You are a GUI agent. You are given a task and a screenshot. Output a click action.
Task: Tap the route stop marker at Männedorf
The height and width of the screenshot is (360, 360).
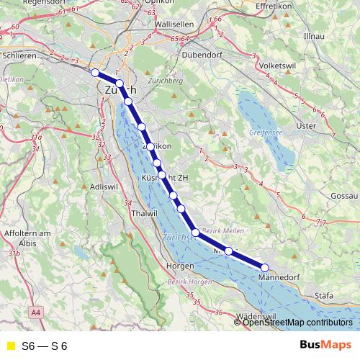(x=265, y=268)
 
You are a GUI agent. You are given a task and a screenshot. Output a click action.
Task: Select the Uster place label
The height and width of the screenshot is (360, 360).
(x=307, y=126)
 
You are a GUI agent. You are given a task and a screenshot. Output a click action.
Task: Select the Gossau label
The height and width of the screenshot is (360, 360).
(x=341, y=197)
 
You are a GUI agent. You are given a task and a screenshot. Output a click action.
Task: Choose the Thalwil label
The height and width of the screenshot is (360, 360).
(x=145, y=214)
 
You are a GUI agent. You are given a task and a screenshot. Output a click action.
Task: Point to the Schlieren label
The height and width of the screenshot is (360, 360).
(x=19, y=55)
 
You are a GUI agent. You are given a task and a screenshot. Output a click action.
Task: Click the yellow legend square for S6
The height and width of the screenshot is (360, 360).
(x=10, y=346)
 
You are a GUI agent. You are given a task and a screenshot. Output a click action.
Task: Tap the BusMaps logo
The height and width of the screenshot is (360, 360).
(x=320, y=346)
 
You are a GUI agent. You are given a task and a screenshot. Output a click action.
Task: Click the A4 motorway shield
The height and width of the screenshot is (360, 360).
(x=36, y=313)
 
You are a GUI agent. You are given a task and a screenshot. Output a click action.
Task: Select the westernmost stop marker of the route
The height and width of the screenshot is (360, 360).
(x=94, y=72)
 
